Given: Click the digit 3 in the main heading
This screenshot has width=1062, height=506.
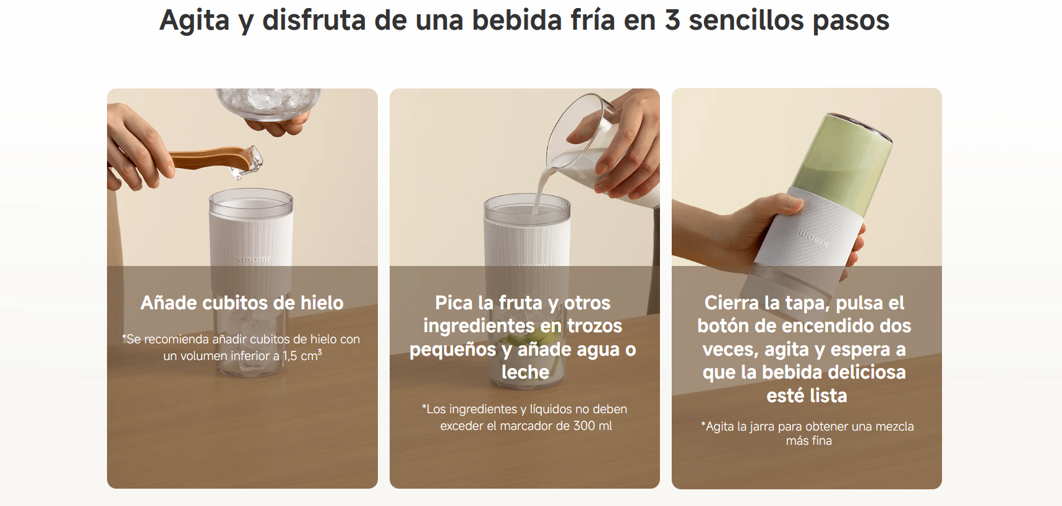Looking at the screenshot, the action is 672,20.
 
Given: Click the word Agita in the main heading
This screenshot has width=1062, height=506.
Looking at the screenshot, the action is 195,21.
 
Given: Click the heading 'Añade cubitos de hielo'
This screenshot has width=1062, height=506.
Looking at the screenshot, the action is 242,302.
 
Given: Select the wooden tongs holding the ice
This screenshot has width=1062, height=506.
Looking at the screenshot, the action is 210,158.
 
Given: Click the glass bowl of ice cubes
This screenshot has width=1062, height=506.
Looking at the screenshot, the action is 268,103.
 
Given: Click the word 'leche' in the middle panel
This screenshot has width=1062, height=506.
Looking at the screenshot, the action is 525,372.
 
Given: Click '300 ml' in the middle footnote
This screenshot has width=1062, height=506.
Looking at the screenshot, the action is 593,426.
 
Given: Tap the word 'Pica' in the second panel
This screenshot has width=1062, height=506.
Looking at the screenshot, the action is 454,302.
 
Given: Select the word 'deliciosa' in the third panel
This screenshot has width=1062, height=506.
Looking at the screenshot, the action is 867,372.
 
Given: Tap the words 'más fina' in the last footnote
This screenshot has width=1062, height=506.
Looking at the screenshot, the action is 809,440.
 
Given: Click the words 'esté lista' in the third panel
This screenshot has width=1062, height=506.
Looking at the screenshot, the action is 807,395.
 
